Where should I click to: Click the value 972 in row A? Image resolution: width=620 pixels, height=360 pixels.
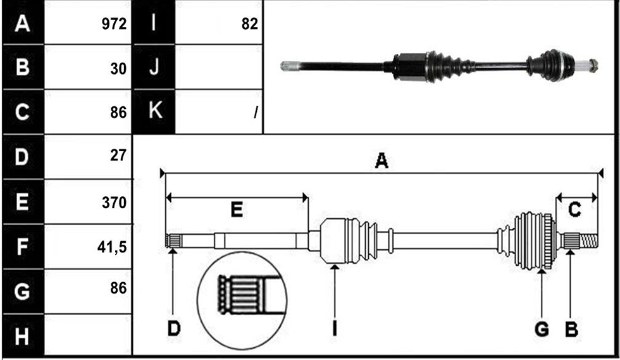115,24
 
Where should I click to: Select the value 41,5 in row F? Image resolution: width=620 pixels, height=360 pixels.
112,247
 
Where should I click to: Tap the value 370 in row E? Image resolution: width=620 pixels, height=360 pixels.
115,202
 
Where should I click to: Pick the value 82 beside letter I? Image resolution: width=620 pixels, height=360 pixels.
249,24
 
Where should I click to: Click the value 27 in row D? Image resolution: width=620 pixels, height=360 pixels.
118,155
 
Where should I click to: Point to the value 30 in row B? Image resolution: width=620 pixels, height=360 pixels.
118,69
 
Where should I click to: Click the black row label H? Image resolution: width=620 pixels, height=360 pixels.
23,337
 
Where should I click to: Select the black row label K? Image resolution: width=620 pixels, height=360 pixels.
154,110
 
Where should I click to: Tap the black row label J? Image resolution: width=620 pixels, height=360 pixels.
154,66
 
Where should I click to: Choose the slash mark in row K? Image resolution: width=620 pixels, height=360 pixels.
256,113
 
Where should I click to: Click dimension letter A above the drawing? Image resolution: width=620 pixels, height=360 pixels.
381,161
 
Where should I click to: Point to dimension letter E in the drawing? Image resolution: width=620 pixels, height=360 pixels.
237,209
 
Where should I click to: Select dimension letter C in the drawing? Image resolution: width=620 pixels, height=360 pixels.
574,209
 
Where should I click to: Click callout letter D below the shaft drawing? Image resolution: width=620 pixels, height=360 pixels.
174,328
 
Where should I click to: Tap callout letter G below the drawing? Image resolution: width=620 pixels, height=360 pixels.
542,329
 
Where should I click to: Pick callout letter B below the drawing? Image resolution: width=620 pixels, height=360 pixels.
571,329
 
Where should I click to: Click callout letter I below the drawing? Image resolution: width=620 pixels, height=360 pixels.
335,328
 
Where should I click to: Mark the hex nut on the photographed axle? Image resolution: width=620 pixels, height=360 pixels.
593,65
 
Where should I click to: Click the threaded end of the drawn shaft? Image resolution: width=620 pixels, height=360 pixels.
589,241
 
